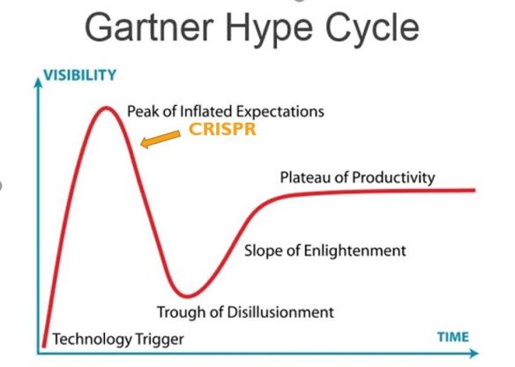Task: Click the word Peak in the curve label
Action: [x=143, y=112]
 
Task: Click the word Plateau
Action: [x=307, y=177]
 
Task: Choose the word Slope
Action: [x=263, y=251]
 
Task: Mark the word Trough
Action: [x=180, y=311]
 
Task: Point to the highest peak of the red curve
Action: [x=106, y=109]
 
